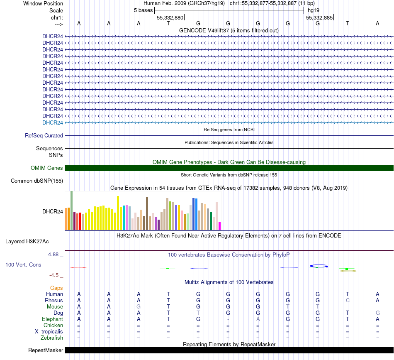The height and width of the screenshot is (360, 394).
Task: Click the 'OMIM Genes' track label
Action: (x=47, y=168)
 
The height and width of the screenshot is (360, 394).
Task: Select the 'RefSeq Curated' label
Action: (x=44, y=135)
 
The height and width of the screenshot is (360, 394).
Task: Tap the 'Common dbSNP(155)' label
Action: (x=37, y=181)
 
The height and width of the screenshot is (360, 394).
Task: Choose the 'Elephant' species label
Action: (x=52, y=319)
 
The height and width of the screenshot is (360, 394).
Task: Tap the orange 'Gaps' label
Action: (x=56, y=288)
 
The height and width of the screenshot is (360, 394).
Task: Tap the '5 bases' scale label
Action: (x=143, y=10)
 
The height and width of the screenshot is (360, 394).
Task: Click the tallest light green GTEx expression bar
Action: (x=71, y=210)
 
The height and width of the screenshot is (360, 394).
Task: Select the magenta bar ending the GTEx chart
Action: (x=219, y=226)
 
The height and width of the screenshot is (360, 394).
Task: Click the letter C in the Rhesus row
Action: (x=348, y=300)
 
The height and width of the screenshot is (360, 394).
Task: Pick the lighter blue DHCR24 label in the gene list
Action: (x=53, y=122)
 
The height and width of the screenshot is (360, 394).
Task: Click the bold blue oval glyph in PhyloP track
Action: (x=319, y=266)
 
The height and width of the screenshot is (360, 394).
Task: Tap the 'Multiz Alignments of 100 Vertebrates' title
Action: (x=229, y=282)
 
